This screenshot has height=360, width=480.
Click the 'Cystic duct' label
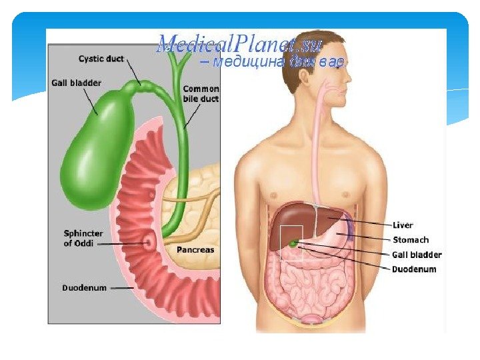click(101, 59)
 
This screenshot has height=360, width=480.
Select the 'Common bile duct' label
click(201, 93)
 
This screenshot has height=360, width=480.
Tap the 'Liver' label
click(403, 225)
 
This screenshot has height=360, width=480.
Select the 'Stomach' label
click(411, 240)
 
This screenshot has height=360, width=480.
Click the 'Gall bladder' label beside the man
click(417, 255)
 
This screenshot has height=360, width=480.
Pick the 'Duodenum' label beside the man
click(414, 269)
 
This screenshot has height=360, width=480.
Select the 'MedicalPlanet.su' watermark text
click(240, 45)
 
